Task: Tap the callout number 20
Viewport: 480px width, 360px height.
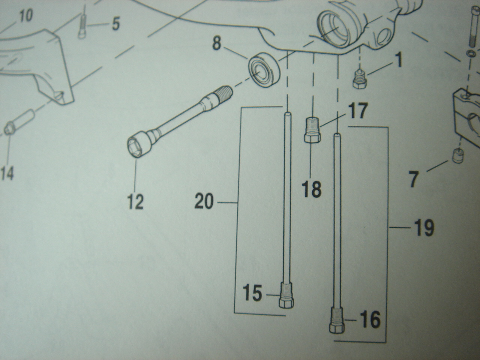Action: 204,201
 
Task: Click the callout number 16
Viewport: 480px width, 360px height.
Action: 370,319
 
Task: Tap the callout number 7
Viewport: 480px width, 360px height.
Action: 414,179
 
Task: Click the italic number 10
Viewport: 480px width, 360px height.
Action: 26,16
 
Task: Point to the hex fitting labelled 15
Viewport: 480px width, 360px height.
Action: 286,297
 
